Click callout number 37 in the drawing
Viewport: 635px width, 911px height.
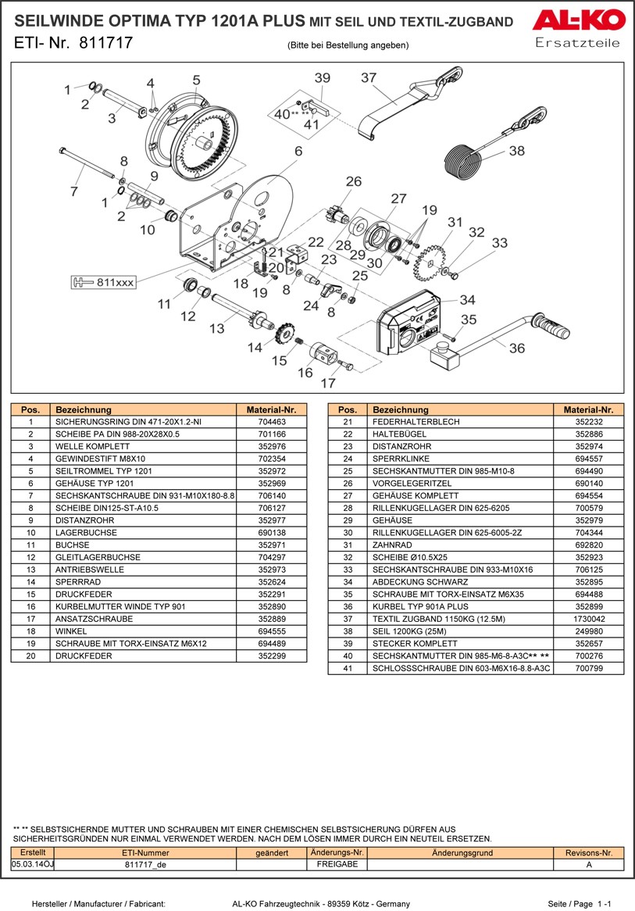pos(369,78)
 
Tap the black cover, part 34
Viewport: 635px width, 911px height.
pos(410,327)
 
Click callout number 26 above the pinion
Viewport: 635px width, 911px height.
pos(353,182)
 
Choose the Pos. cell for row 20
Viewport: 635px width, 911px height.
pos(30,656)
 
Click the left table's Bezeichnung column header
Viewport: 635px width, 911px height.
pos(84,409)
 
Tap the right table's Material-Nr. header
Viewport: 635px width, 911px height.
pos(588,409)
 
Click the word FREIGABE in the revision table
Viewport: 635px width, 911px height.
pos(337,864)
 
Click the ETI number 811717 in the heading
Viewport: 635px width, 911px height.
pos(105,45)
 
